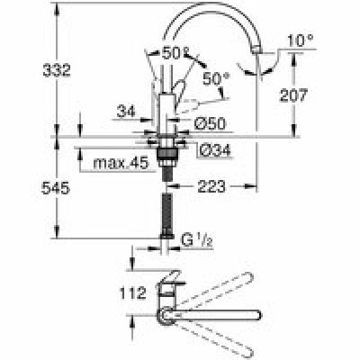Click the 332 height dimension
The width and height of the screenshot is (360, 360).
tap(57, 70)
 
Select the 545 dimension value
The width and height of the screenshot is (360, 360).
tap(56, 188)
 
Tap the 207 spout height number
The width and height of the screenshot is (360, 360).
tap(293, 95)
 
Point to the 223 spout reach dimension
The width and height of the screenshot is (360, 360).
tap(211, 186)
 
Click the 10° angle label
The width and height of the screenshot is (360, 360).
tap(301, 40)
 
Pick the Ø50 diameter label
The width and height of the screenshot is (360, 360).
tap(210, 123)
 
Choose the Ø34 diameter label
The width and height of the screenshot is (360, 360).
tap(215, 149)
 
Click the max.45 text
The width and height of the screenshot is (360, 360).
tap(121, 163)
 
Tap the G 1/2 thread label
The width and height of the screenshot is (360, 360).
tap(197, 241)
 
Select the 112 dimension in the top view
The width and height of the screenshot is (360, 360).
tap(133, 292)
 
